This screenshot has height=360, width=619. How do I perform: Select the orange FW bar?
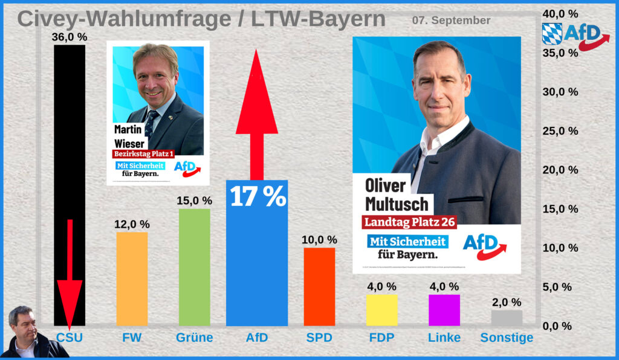(132, 278)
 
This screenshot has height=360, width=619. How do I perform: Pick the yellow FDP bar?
(381, 310)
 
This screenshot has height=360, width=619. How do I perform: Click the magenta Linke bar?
(444, 310)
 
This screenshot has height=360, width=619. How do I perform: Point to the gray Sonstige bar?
(507, 318)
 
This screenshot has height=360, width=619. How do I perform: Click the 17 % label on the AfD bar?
(258, 197)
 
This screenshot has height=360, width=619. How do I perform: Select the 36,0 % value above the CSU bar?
(70, 37)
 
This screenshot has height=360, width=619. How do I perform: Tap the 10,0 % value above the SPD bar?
(320, 239)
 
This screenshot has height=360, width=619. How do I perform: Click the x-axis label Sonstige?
(507, 338)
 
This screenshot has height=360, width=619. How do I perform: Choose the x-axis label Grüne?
(194, 338)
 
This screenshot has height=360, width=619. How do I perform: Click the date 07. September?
(451, 21)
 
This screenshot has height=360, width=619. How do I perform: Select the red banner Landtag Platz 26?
(409, 222)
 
